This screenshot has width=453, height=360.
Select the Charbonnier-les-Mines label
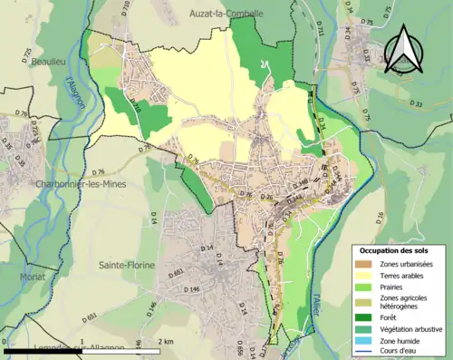tap(57, 183)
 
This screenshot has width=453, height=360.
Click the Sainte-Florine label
tap(126, 265)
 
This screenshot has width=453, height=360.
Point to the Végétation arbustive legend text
tap(410, 329)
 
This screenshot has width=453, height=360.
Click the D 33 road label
tap(416, 104)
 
